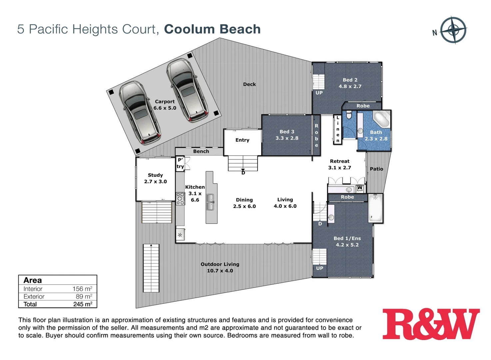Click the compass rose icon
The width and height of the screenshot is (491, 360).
coord(453,30)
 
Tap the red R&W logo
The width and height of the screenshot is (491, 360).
coord(431,324)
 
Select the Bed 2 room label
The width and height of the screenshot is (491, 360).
coord(350,83)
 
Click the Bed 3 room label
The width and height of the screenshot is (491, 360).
coord(286,135)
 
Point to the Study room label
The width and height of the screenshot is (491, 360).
coord(155,178)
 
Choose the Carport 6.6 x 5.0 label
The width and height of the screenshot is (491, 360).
coord(165,105)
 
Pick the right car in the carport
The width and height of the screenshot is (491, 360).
coord(187,90)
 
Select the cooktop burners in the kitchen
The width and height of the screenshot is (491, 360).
coord(180,198)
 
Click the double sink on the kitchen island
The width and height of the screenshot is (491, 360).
coord(210,202)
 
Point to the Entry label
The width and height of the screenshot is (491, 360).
coord(242,140)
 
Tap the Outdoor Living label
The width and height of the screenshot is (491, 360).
coord(220,267)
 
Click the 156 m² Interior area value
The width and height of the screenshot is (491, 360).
coord(82,289)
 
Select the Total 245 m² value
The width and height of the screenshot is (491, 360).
coord(82,304)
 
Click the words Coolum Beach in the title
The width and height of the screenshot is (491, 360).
coord(212,29)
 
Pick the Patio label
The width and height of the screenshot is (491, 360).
coord(376,169)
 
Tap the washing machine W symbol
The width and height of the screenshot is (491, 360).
coord(360,189)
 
